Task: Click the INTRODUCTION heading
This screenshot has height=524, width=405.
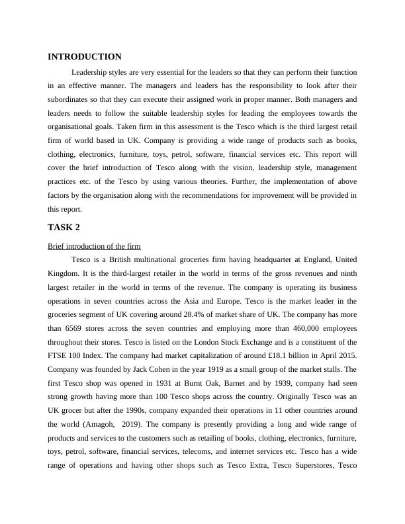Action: point(84,57)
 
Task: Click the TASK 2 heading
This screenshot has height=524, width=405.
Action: point(65,228)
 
